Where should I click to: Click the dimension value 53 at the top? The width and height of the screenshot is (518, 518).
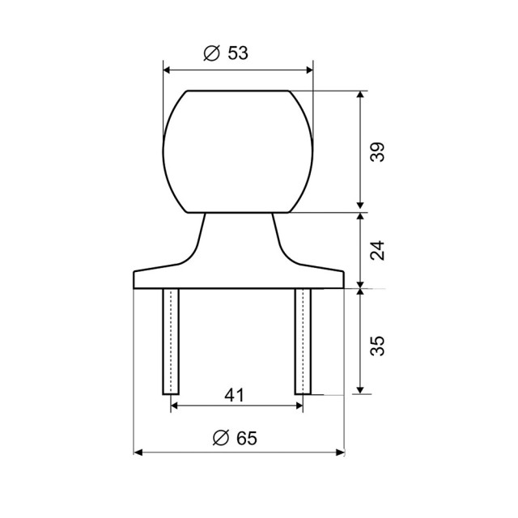[x=238, y=53]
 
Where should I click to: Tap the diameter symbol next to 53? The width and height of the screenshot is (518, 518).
[x=212, y=53]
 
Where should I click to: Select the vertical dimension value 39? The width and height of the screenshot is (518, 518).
[x=377, y=152]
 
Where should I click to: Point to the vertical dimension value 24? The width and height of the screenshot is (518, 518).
[x=377, y=251]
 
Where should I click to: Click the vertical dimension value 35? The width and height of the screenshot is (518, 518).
[x=377, y=346]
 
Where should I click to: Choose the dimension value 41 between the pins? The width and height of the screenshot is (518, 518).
[x=234, y=395]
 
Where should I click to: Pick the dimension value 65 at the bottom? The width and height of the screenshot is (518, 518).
[x=247, y=439]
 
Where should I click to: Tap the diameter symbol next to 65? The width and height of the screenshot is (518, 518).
[x=221, y=439]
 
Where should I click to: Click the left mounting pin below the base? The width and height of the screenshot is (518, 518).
[x=171, y=342]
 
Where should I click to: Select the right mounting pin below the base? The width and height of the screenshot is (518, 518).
[x=303, y=342]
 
